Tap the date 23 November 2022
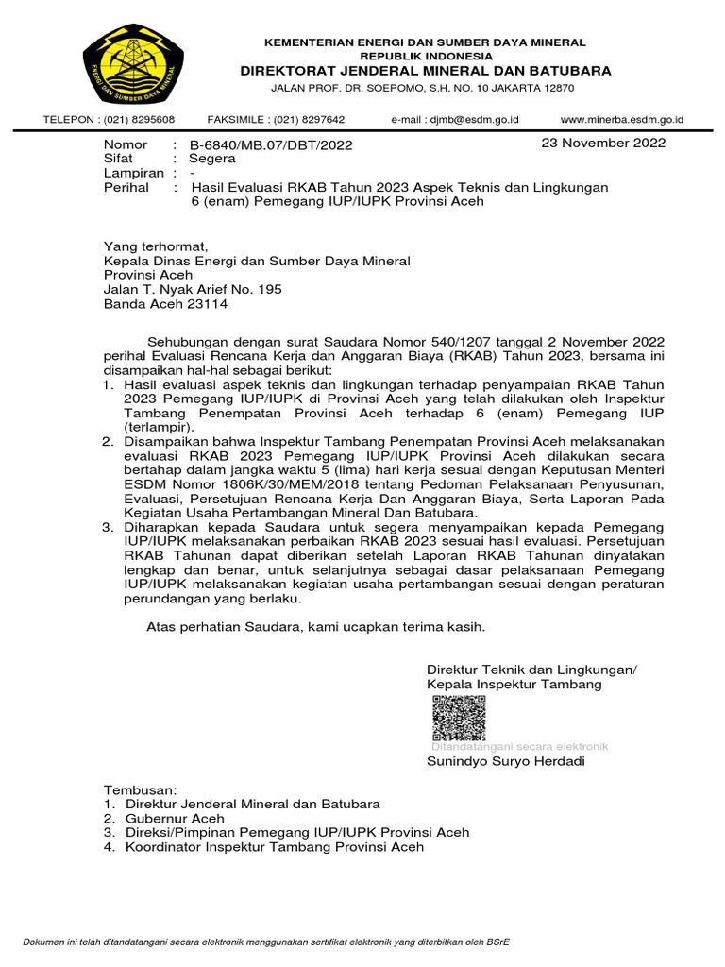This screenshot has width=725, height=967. (x=602, y=144)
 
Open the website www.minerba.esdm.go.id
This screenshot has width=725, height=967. (x=621, y=120)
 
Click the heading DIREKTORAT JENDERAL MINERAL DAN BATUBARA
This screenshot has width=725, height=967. (x=425, y=71)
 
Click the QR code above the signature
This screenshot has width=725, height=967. (x=459, y=718)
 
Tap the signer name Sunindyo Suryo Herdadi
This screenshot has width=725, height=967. (x=506, y=761)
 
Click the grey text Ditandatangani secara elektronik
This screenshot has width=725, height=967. (x=519, y=746)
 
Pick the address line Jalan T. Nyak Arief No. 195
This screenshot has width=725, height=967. (x=192, y=289)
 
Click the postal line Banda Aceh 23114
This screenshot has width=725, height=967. (x=165, y=304)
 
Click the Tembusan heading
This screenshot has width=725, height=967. (x=140, y=789)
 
